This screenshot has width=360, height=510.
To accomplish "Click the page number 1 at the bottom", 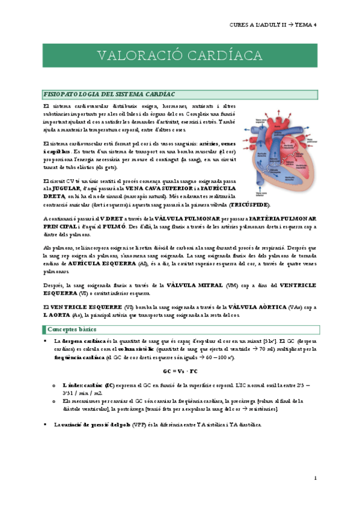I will [x=314, y=478].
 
